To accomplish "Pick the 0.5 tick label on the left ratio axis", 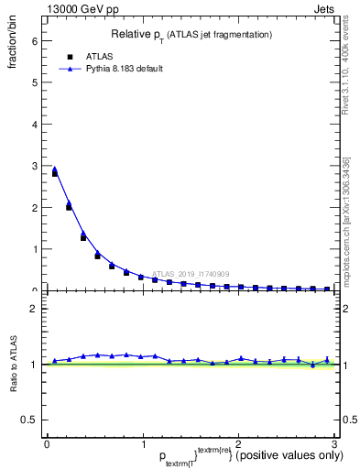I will tap(29, 420).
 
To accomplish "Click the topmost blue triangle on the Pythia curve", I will tap(54, 169).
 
